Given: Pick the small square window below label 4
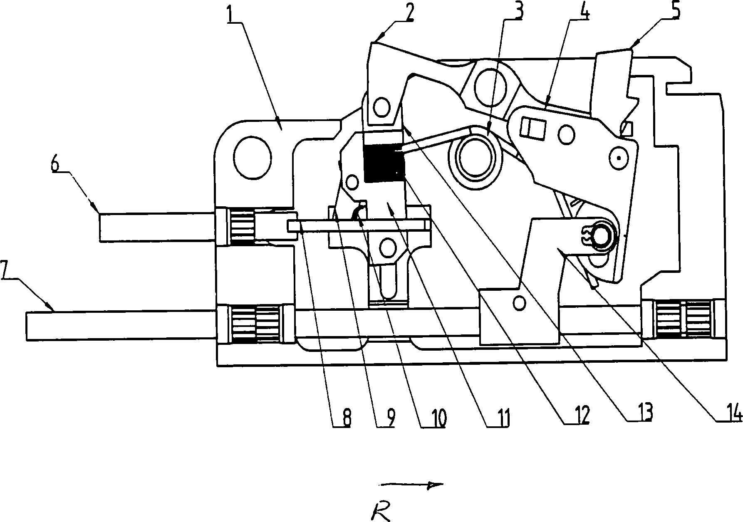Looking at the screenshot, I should (533, 127).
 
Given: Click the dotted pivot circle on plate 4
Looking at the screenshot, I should (619, 158).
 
